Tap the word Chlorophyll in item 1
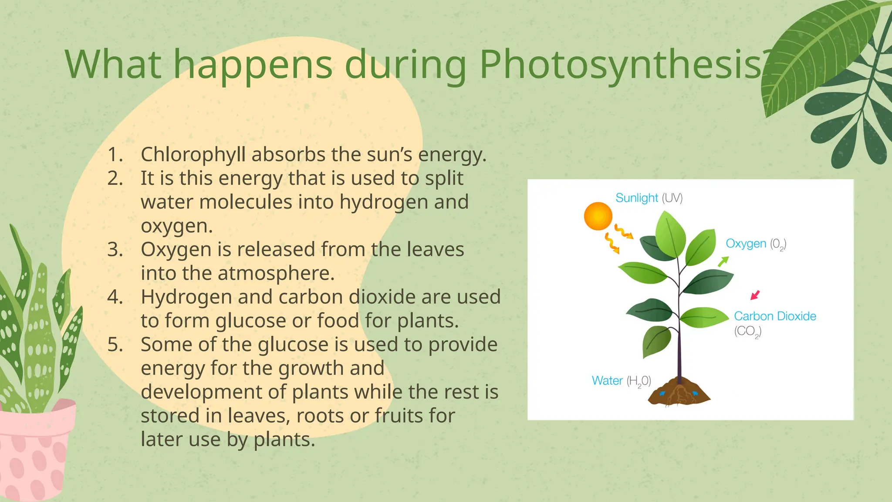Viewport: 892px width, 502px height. pyautogui.click(x=193, y=155)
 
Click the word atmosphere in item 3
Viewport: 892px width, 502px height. pyautogui.click(x=276, y=274)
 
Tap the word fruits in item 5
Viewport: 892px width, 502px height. pyautogui.click(x=399, y=416)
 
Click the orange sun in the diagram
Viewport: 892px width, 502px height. pyautogui.click(x=598, y=216)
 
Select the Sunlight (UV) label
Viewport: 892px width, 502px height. pyautogui.click(x=649, y=198)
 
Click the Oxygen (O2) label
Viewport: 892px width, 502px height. pyautogui.click(x=756, y=244)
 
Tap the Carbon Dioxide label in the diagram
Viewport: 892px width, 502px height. pyautogui.click(x=775, y=316)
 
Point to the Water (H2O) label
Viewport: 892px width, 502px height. pyautogui.click(x=621, y=381)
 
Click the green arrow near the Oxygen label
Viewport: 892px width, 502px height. pyautogui.click(x=723, y=261)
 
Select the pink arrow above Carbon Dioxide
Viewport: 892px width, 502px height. pyautogui.click(x=755, y=295)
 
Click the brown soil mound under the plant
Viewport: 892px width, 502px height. pyautogui.click(x=678, y=392)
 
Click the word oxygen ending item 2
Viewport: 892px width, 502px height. pyautogui.click(x=176, y=226)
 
